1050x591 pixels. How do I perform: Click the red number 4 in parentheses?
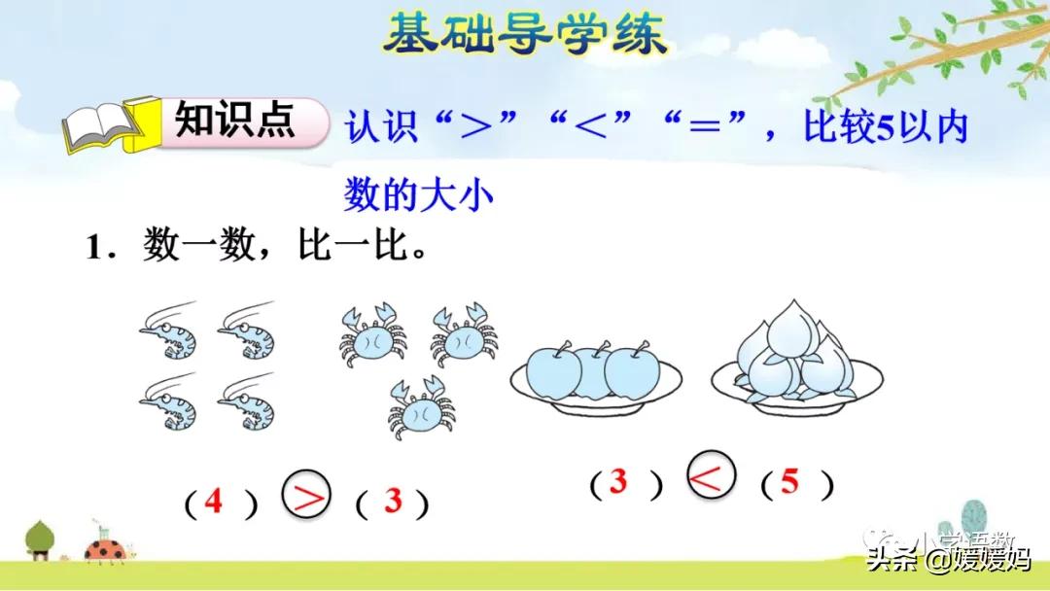(213, 502)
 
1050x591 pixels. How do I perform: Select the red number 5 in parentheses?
(789, 482)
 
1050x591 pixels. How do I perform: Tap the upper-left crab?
(372, 332)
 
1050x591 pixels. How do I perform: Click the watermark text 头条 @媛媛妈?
(947, 560)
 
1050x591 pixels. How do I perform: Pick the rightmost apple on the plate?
(633, 372)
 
